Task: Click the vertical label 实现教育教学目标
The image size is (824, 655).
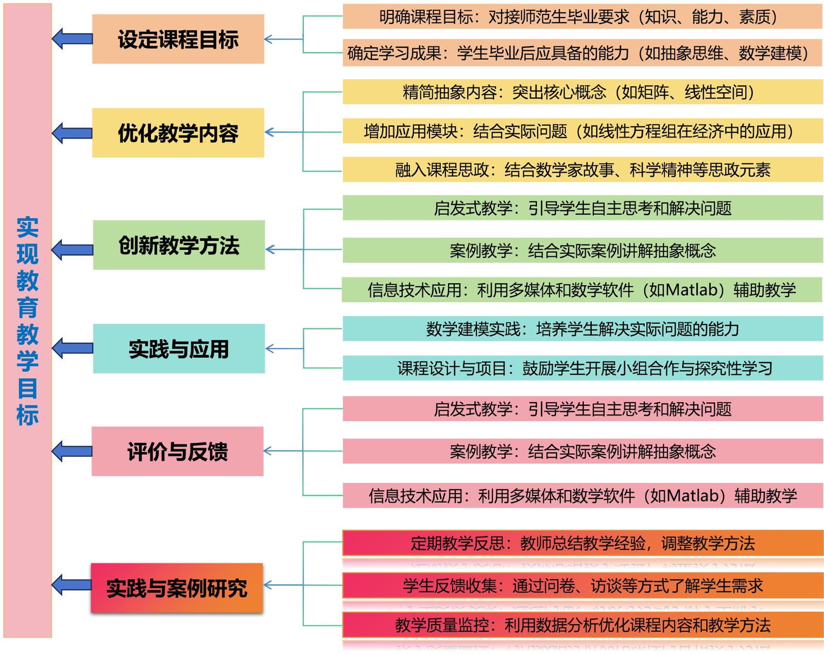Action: (x=27, y=320)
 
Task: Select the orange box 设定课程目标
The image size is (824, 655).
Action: (x=178, y=39)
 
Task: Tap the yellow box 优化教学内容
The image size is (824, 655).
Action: (x=178, y=133)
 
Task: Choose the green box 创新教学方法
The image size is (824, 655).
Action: (x=179, y=245)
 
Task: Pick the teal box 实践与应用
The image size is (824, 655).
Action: (x=179, y=349)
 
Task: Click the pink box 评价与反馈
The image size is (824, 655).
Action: (x=178, y=451)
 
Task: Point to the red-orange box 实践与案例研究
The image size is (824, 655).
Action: (x=177, y=588)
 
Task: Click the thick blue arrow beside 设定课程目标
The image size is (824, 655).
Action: (x=72, y=39)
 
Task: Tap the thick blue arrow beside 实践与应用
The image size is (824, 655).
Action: (x=72, y=348)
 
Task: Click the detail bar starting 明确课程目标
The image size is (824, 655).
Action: (x=582, y=17)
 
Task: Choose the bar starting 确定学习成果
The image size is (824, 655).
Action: (x=582, y=53)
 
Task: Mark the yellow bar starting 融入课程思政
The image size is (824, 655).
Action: (x=582, y=169)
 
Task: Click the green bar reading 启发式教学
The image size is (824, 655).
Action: (x=582, y=208)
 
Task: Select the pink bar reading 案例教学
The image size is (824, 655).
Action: (x=582, y=452)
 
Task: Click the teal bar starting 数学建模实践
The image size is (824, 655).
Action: (x=582, y=329)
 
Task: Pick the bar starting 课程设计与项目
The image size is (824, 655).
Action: (x=582, y=368)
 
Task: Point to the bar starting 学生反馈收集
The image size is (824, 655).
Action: (x=582, y=585)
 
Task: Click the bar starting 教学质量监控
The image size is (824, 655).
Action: (x=582, y=625)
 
